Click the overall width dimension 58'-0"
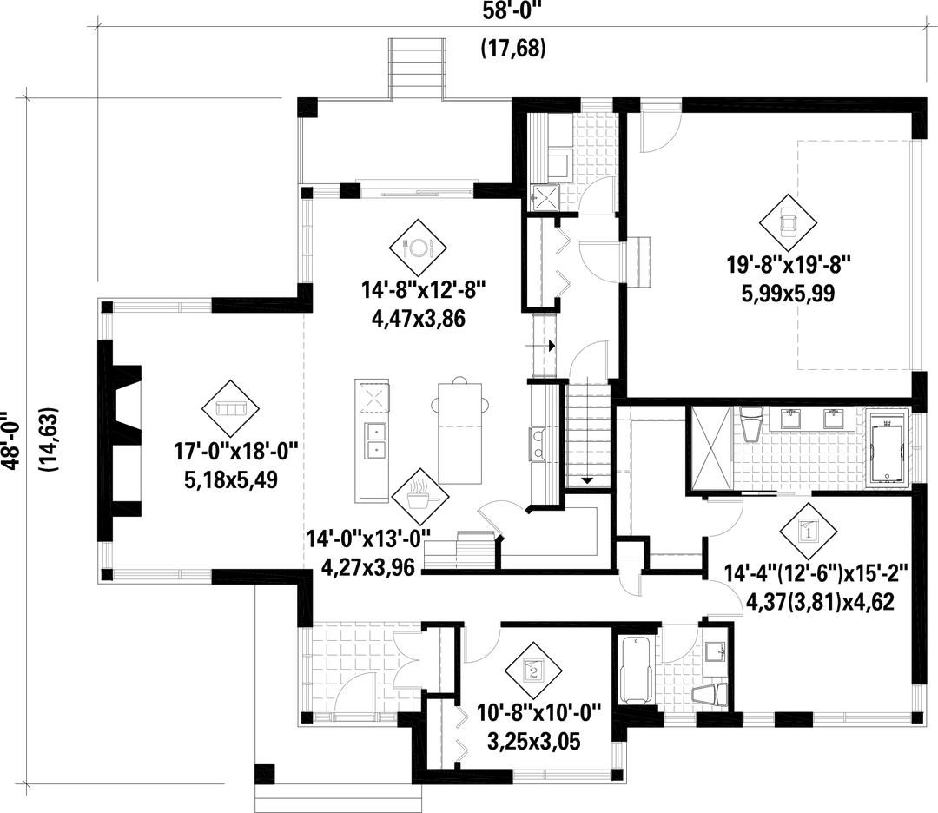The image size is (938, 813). click(x=512, y=14)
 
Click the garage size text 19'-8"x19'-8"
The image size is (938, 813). click(x=788, y=262)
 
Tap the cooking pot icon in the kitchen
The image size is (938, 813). click(x=419, y=496)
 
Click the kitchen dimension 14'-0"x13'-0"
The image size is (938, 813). click(x=370, y=540)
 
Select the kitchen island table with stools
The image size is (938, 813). click(x=460, y=429)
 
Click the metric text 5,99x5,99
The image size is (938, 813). click(x=789, y=294)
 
